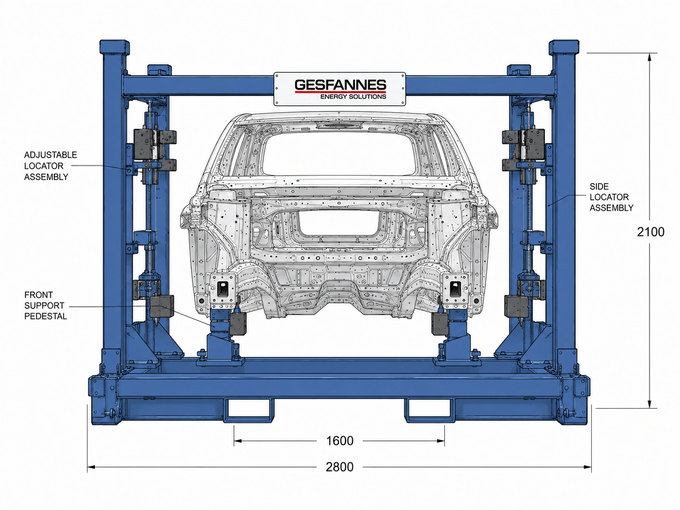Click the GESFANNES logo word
click(x=340, y=85)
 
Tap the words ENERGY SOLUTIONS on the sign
click(x=353, y=97)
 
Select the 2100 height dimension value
click(x=650, y=232)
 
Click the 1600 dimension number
click(x=340, y=441)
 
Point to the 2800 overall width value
click(x=340, y=467)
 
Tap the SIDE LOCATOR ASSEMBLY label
click(x=611, y=197)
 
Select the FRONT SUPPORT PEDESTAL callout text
click(x=46, y=306)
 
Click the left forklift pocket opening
click(x=249, y=409)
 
